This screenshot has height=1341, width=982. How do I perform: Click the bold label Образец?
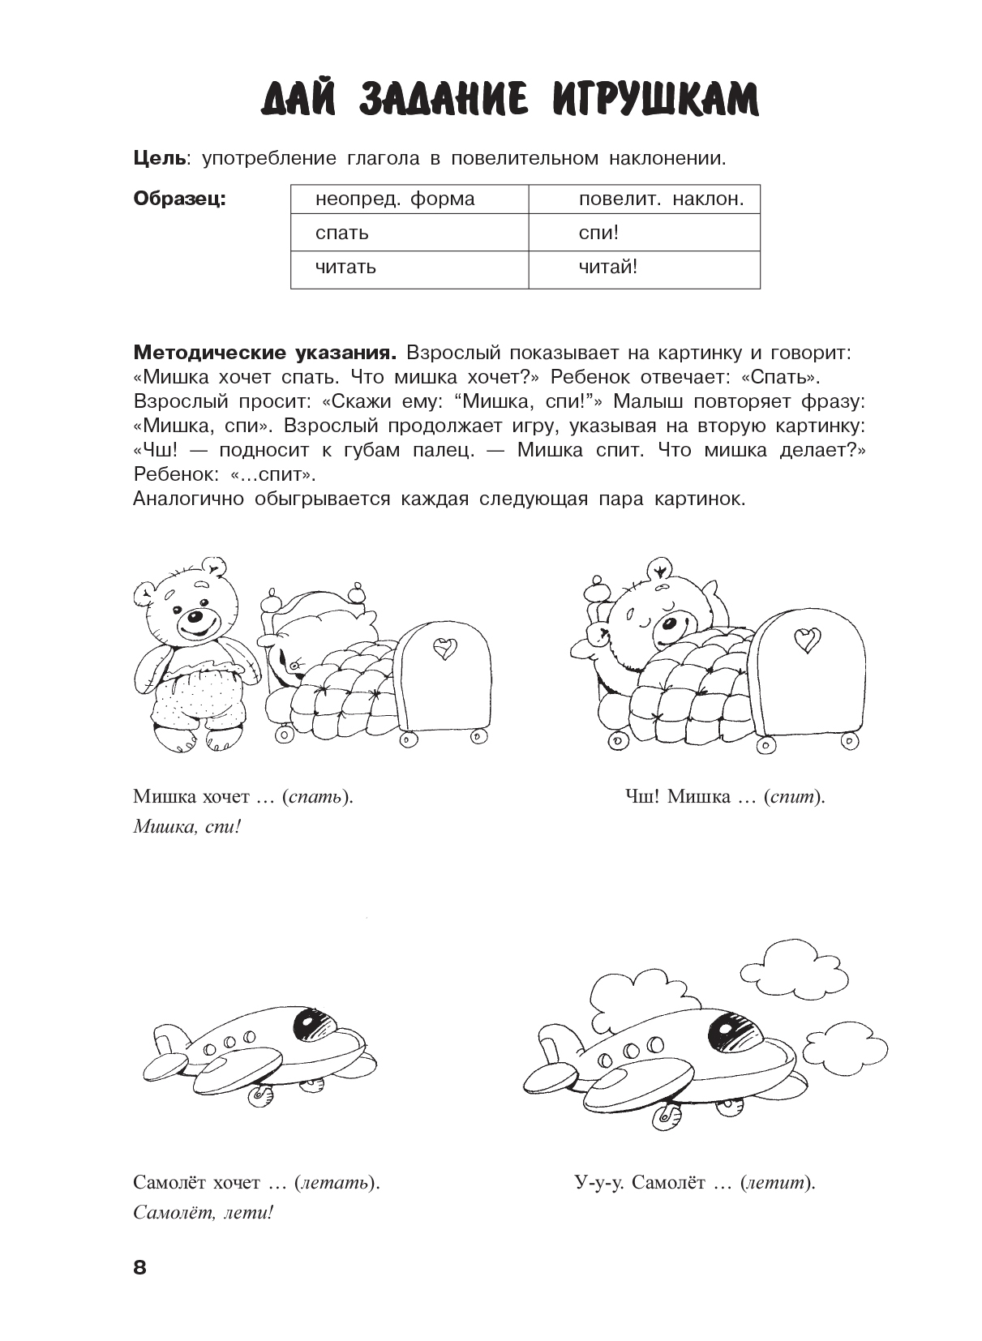click(179, 199)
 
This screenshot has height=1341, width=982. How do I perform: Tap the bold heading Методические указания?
click(265, 353)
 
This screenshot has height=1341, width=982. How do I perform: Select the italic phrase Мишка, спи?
click(187, 828)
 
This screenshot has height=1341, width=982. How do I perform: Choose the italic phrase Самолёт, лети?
click(204, 1214)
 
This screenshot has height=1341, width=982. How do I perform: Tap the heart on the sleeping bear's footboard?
click(804, 639)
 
